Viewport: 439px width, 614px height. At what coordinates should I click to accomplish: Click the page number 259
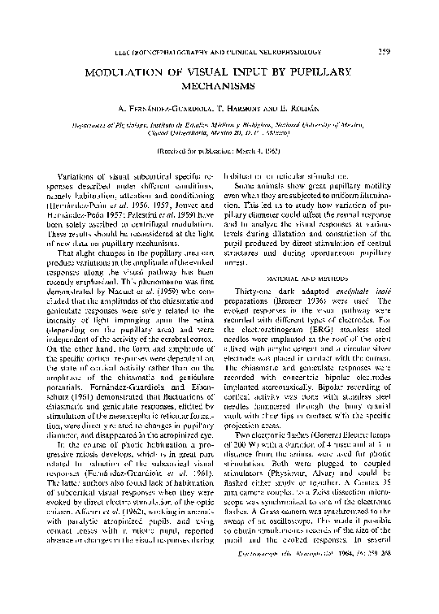(385, 54)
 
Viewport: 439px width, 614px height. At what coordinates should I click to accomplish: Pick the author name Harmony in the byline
(241, 108)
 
